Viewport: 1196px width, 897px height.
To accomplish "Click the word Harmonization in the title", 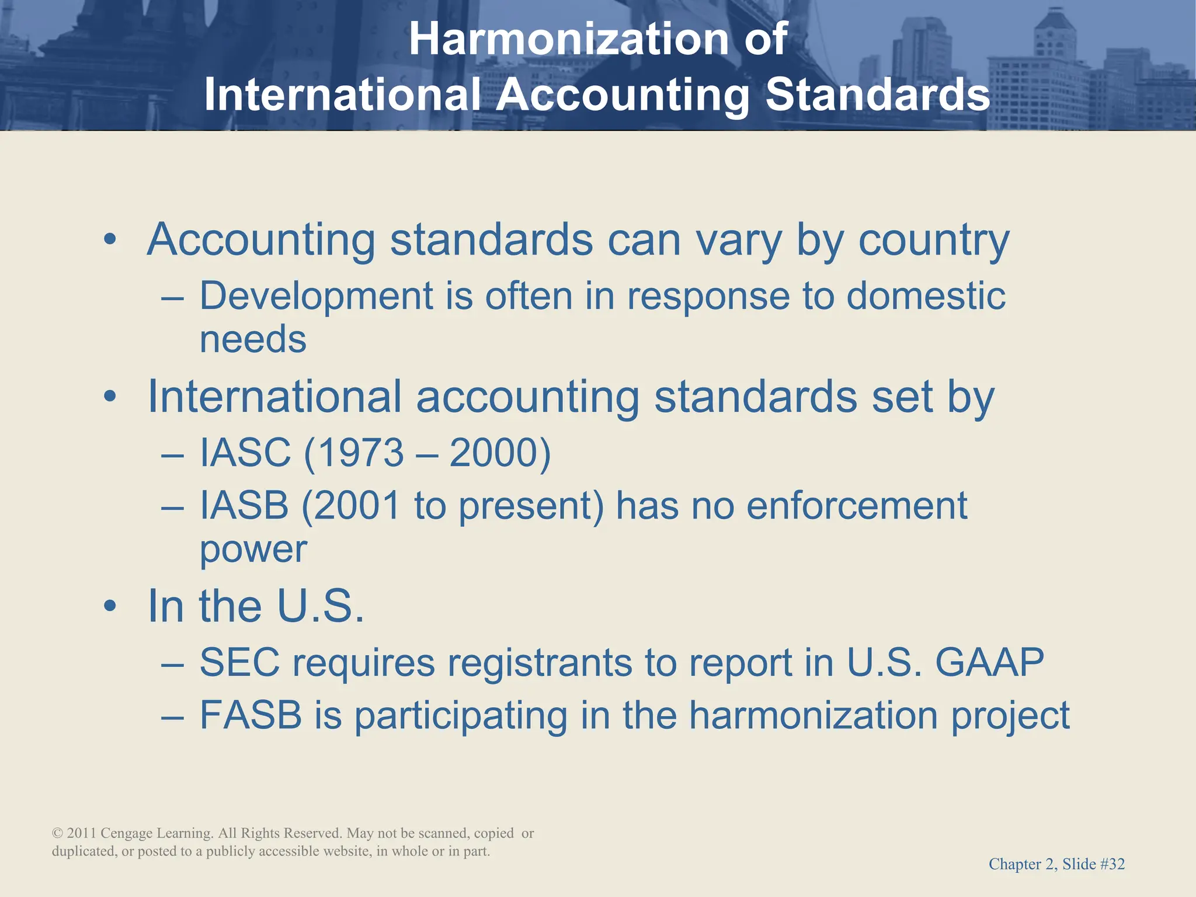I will [568, 39].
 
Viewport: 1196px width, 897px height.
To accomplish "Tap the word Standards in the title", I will [877, 95].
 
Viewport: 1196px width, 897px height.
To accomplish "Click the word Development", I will [316, 296].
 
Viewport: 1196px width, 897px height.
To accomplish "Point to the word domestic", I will [926, 295].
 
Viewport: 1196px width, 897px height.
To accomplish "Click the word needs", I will [253, 339].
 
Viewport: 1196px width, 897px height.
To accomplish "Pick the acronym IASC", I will [245, 453].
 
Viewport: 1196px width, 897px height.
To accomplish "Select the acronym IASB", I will [244, 505].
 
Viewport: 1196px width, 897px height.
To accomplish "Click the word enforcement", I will [856, 505].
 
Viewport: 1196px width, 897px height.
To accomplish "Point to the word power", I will [253, 549].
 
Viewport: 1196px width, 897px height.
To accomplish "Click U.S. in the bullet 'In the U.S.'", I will [320, 606].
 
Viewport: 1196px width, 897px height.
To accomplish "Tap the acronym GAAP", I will [989, 662].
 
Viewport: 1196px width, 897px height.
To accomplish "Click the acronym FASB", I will [251, 715].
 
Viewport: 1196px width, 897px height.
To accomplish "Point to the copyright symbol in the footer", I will [57, 833].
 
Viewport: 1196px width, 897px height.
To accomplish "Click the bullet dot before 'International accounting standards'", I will [110, 397].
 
